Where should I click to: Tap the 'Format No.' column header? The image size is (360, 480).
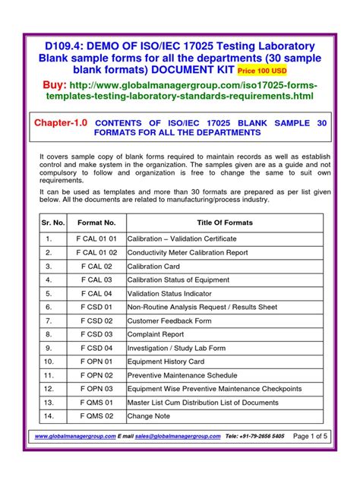click(x=96, y=223)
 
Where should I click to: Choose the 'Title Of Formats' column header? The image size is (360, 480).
click(x=224, y=223)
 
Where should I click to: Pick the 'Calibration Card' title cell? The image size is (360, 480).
click(x=154, y=267)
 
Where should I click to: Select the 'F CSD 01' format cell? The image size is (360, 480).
click(x=96, y=307)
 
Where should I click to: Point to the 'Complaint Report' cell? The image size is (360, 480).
click(x=156, y=333)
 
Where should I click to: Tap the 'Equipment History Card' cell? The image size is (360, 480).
click(x=166, y=361)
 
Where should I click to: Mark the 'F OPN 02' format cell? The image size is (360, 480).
click(x=96, y=374)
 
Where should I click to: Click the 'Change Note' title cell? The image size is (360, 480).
click(x=149, y=415)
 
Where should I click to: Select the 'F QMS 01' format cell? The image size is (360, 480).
click(x=96, y=402)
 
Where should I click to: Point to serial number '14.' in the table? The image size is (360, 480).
click(x=48, y=415)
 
